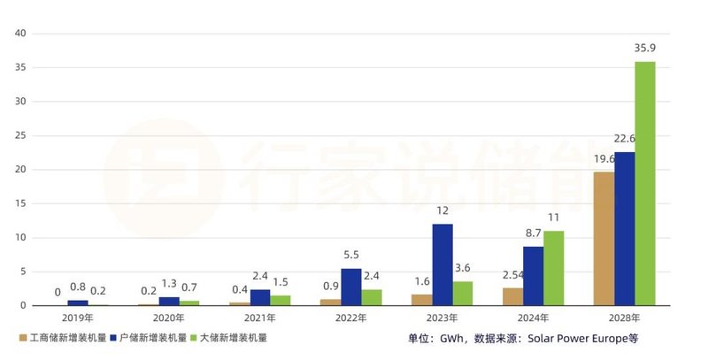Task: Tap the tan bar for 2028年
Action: click(604, 239)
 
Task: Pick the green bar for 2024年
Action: click(553, 268)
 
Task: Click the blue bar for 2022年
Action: click(350, 287)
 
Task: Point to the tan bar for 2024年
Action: click(512, 296)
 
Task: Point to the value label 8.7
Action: click(533, 234)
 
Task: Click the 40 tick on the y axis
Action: click(21, 34)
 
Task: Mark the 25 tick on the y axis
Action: click(21, 135)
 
